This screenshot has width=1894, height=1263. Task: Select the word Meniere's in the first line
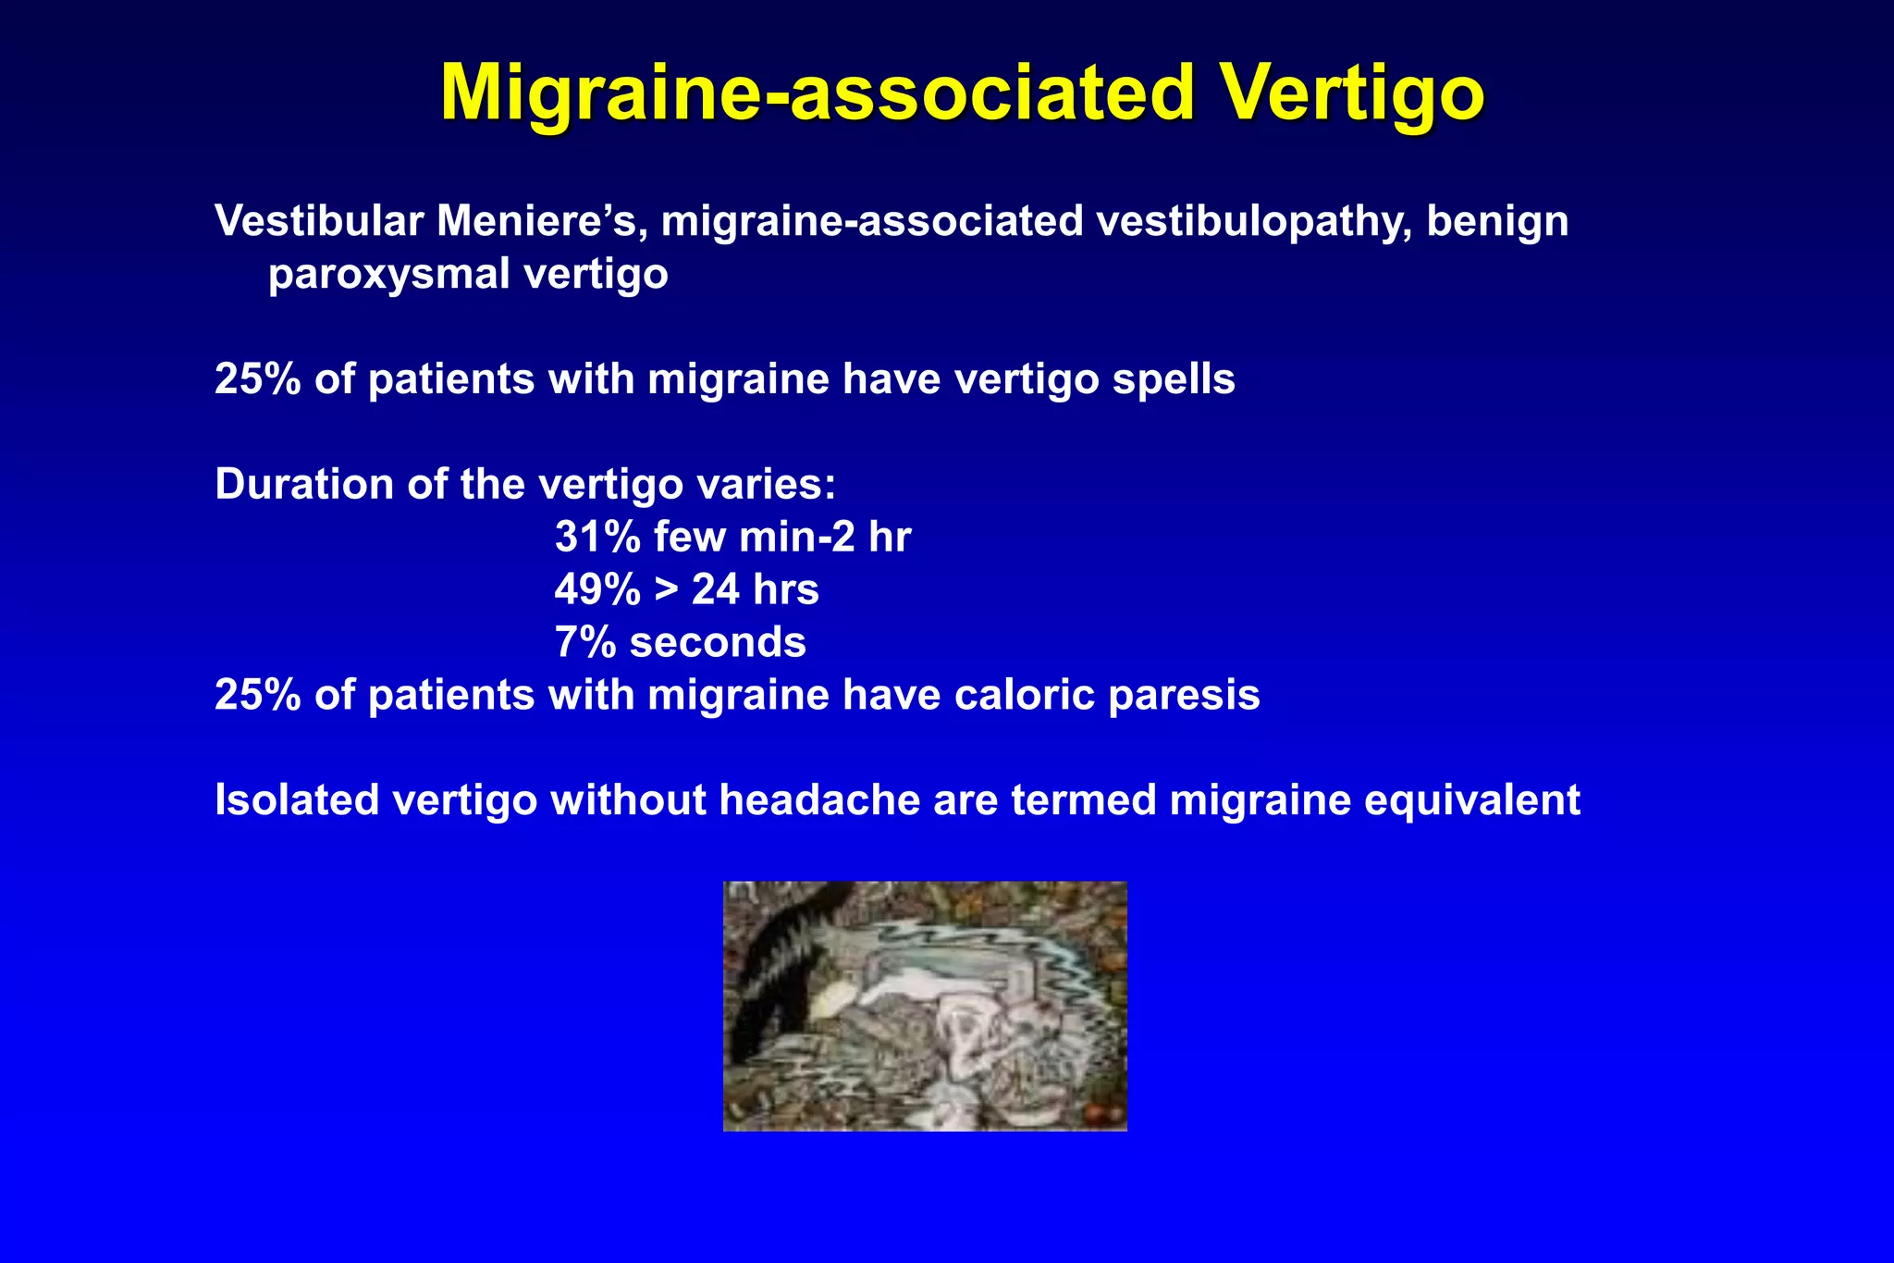pos(541,221)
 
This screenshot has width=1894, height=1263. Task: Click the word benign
pos(1497,221)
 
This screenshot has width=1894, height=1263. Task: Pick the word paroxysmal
pos(388,274)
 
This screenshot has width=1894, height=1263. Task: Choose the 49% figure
pos(597,590)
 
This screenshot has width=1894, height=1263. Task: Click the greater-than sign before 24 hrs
pos(666,590)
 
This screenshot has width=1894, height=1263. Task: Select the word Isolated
pos(297,800)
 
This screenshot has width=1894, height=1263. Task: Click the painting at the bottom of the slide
pos(925,1006)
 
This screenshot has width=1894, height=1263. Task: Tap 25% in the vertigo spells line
pos(257,379)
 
